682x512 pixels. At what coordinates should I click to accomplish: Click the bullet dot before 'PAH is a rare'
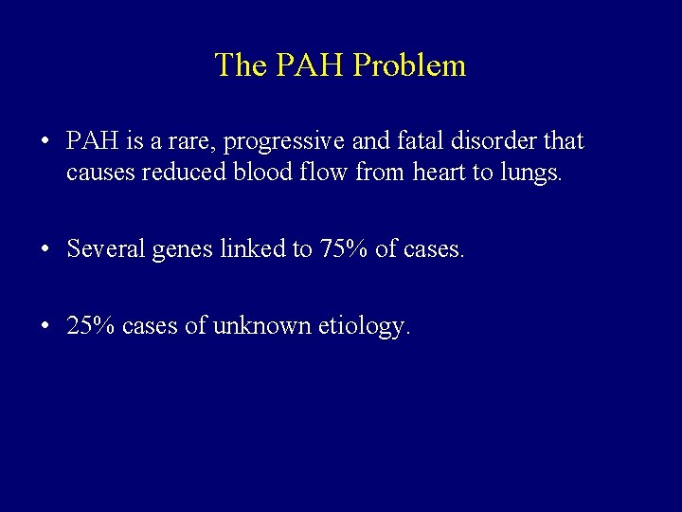(45, 143)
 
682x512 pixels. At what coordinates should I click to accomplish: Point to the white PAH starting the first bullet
(92, 142)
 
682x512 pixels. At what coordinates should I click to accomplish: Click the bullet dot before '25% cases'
(45, 328)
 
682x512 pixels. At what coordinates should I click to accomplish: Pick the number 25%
(92, 328)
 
